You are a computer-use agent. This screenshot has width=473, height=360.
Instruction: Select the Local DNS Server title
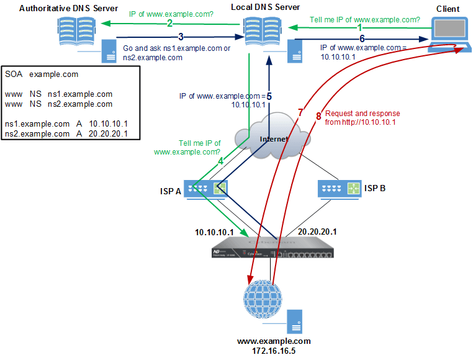(x=265, y=7)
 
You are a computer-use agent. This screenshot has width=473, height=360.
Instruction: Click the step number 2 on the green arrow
(x=169, y=24)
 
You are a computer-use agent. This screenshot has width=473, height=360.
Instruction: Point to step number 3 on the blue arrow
(x=181, y=37)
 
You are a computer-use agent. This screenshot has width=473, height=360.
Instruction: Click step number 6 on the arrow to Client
(x=362, y=38)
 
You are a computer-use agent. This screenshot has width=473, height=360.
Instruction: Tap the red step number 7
(x=300, y=112)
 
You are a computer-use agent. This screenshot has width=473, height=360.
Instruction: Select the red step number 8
(x=318, y=115)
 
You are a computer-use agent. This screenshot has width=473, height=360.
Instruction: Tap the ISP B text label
(x=375, y=187)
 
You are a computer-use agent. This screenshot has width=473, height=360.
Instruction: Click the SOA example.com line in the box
(x=42, y=74)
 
